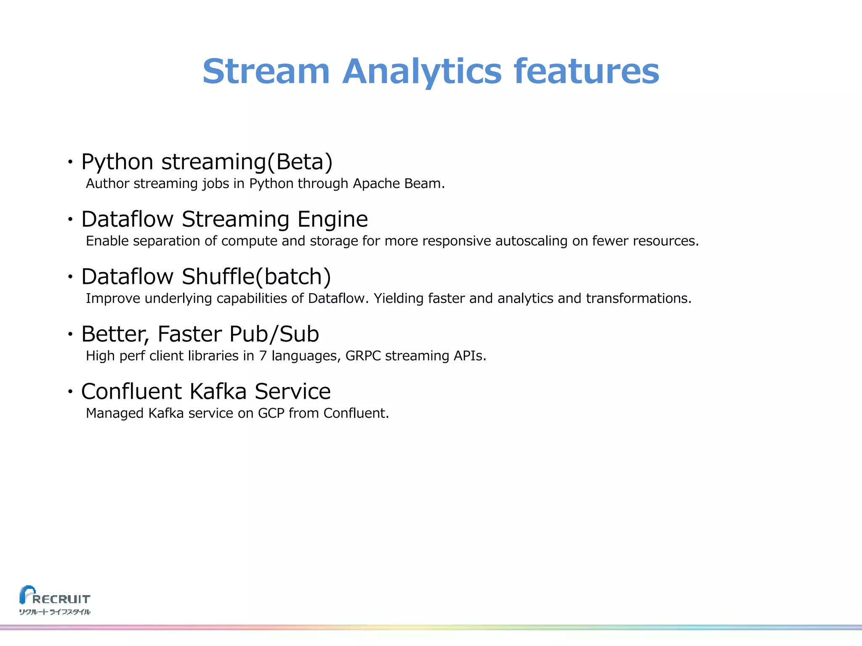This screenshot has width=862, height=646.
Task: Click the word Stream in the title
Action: click(266, 71)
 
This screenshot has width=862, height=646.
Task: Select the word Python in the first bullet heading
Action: click(117, 162)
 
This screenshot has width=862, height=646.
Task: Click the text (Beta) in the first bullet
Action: click(300, 162)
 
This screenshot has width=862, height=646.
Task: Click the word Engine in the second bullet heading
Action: click(333, 219)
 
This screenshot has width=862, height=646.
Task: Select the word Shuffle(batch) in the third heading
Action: click(256, 277)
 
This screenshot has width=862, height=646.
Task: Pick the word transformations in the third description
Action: click(638, 299)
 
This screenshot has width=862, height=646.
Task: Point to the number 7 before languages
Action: click(263, 356)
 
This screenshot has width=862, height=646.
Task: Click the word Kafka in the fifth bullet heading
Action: click(218, 392)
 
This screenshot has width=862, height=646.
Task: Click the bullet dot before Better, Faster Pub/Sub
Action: click(70, 334)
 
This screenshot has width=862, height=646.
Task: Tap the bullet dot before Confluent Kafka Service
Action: click(70, 392)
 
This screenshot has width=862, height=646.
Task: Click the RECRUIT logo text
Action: click(61, 599)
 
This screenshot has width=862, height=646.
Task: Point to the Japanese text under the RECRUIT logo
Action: click(55, 612)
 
